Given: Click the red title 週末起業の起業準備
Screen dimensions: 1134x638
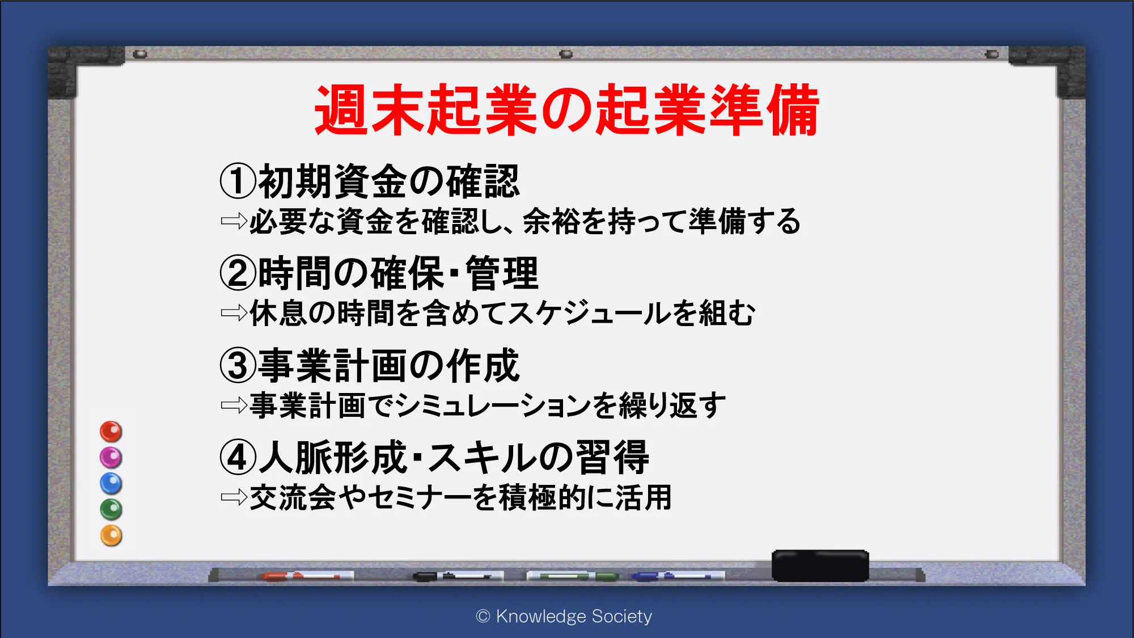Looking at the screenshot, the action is [566, 110].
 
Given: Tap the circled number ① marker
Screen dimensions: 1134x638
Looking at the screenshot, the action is [238, 181].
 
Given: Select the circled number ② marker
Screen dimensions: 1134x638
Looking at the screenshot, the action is [238, 273].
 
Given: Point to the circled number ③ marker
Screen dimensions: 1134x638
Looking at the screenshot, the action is [238, 365].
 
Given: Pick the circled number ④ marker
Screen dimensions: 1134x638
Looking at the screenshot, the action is [238, 458].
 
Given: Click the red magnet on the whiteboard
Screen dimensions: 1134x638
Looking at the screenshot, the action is [111, 432].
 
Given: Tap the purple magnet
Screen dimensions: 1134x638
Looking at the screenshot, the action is [111, 457].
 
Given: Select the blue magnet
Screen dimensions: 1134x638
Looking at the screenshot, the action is [111, 483].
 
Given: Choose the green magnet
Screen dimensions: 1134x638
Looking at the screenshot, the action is [111, 509].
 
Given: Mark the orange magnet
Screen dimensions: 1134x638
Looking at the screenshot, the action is [111, 535].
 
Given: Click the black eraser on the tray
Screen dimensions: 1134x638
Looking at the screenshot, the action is [820, 565].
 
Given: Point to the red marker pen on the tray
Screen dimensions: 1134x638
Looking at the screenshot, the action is [307, 576].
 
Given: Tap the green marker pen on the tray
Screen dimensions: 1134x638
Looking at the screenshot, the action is [573, 576].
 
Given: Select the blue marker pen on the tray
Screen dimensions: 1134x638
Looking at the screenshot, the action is [678, 576].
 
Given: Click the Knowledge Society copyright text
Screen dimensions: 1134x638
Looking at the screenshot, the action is [564, 616].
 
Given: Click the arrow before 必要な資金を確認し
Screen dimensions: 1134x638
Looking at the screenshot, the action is [234, 221].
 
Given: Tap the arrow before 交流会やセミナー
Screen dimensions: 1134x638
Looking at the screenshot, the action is [234, 497].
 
